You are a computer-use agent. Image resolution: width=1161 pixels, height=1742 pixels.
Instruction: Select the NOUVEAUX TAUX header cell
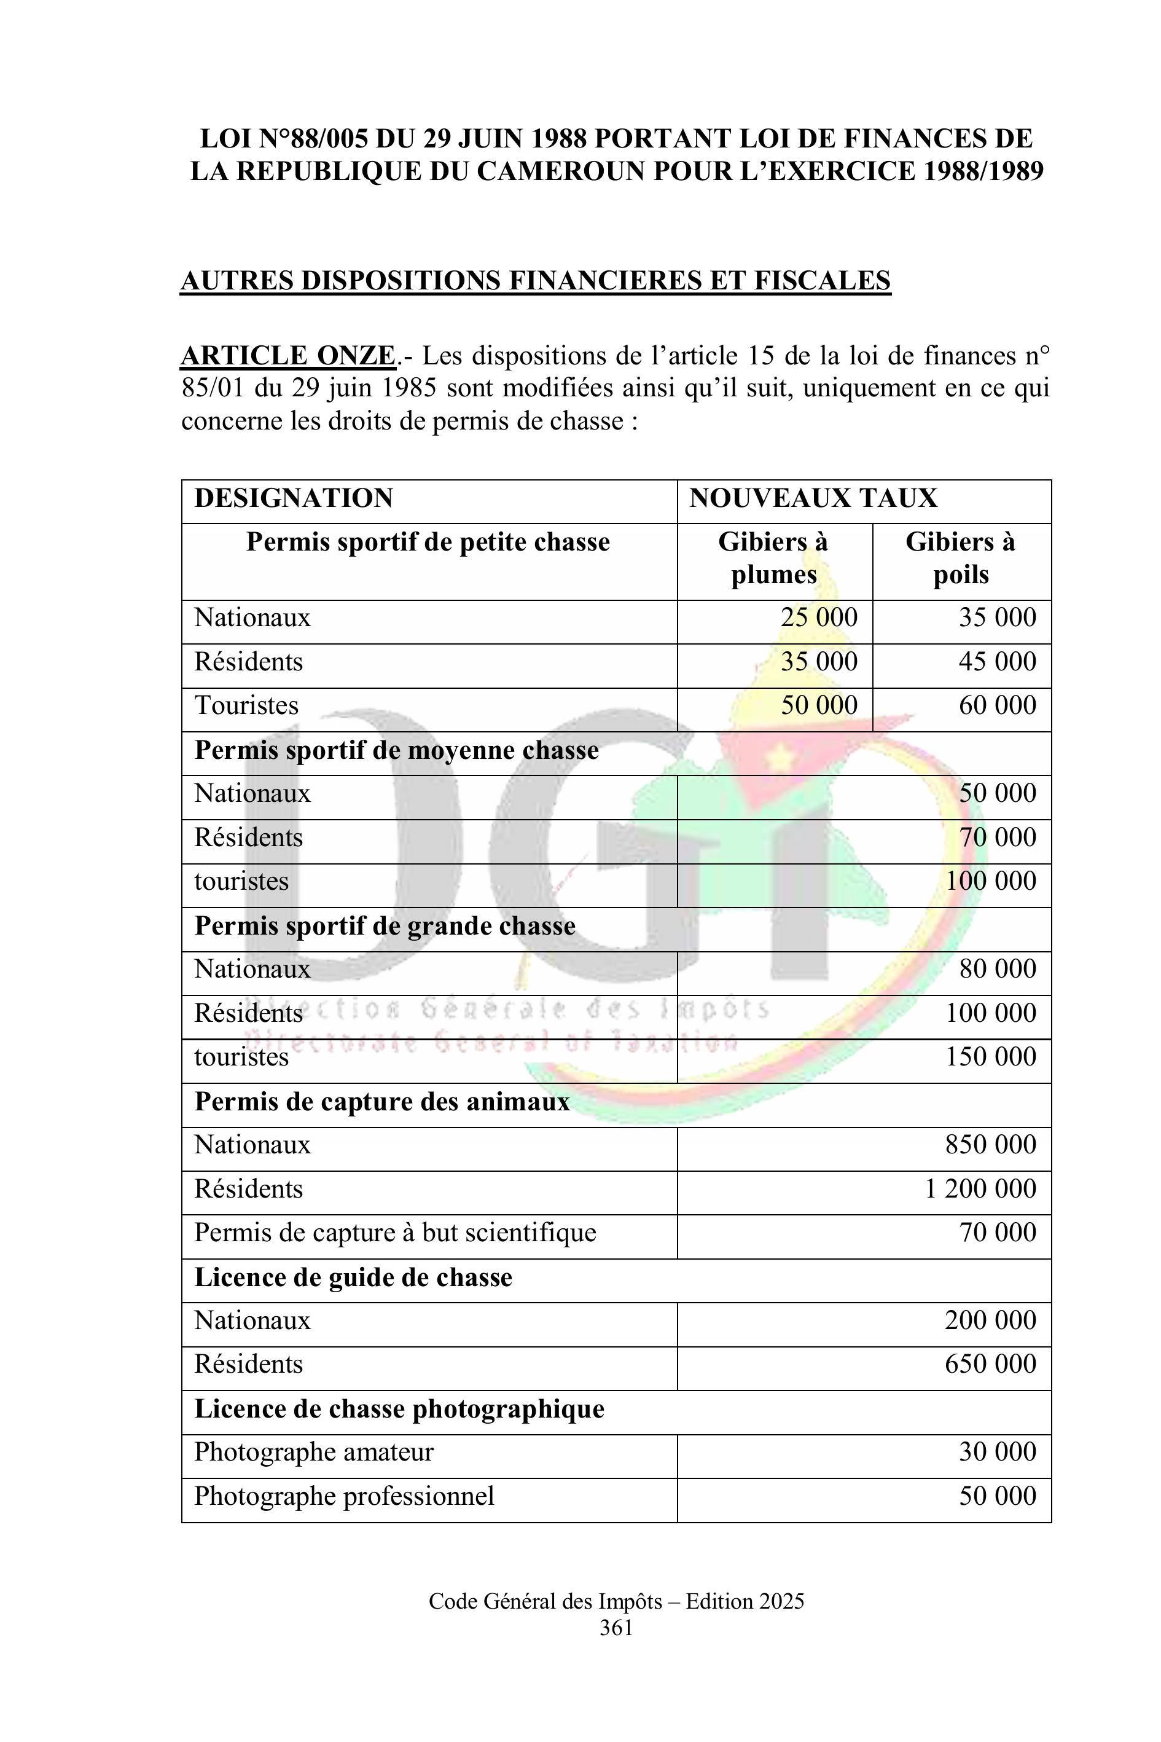click(x=813, y=498)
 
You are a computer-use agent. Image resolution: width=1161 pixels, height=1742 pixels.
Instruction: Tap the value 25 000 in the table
click(x=818, y=617)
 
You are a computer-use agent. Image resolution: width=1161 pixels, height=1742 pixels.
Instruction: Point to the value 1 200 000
click(x=980, y=1189)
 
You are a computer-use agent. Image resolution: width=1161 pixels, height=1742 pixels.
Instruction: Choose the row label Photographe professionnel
click(x=343, y=1496)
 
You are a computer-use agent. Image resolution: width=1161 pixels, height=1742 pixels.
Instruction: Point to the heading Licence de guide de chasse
click(x=353, y=1277)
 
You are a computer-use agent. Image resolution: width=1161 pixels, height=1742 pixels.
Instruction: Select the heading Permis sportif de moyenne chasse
click(x=396, y=750)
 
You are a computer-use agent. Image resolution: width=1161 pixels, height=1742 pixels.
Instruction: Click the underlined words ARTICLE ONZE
click(x=288, y=356)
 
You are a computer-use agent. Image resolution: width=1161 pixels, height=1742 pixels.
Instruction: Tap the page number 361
click(x=616, y=1628)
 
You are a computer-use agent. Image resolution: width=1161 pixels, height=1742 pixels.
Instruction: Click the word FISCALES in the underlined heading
click(x=822, y=281)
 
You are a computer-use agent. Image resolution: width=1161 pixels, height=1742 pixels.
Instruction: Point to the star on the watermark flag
click(x=778, y=757)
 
